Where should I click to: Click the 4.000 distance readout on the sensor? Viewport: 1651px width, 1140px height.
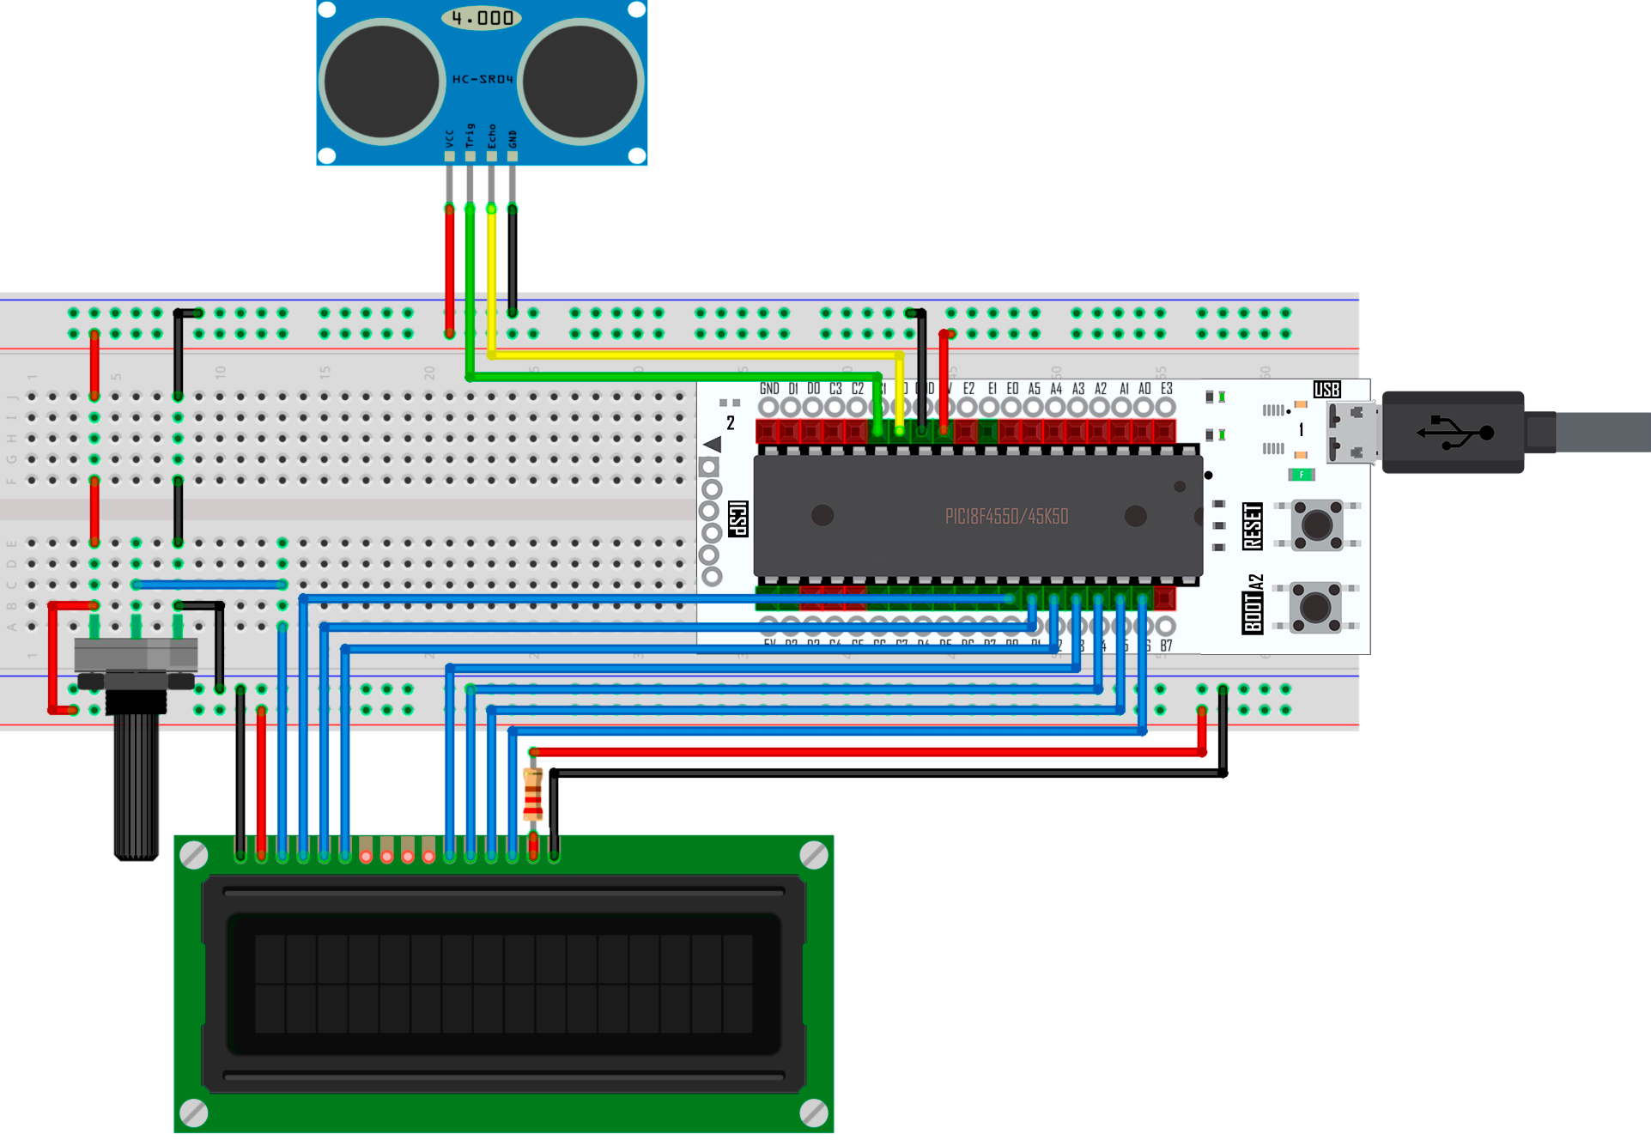pyautogui.click(x=482, y=18)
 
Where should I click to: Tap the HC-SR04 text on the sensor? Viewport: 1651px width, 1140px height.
pyautogui.click(x=483, y=79)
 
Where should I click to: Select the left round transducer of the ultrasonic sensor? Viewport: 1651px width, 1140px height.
pyautogui.click(x=382, y=82)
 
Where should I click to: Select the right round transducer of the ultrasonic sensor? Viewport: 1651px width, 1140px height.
pyautogui.click(x=582, y=82)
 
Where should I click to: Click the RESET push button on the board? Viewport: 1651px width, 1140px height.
pyautogui.click(x=1316, y=525)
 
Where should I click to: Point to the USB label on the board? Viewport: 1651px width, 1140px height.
pyautogui.click(x=1326, y=390)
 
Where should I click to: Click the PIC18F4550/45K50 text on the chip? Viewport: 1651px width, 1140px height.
pyautogui.click(x=1006, y=517)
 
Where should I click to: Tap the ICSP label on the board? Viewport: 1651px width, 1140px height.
pyautogui.click(x=737, y=519)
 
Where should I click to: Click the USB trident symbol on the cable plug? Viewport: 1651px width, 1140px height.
pyautogui.click(x=1454, y=432)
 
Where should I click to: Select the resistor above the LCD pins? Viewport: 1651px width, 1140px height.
pyautogui.click(x=533, y=795)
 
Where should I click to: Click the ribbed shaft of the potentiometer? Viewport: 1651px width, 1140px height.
pyautogui.click(x=137, y=785)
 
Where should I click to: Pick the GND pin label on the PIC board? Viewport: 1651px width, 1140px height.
pyautogui.click(x=769, y=389)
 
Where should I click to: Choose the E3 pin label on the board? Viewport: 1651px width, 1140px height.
pyautogui.click(x=1166, y=389)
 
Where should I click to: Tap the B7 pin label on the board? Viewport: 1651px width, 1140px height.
pyautogui.click(x=1166, y=646)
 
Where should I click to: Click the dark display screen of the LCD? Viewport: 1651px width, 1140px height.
pyautogui.click(x=503, y=983)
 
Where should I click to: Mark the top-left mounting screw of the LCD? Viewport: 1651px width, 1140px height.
pyautogui.click(x=195, y=855)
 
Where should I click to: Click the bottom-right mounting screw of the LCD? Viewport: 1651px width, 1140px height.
pyautogui.click(x=813, y=1113)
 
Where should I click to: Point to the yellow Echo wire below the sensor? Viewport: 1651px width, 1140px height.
pyautogui.click(x=491, y=275)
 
